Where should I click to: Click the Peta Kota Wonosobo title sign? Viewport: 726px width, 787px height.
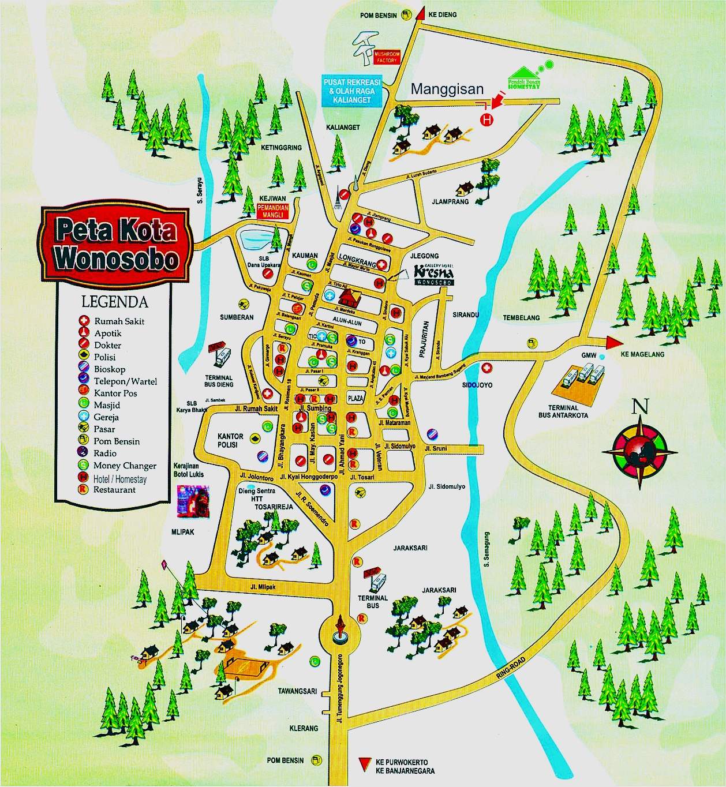point(115,244)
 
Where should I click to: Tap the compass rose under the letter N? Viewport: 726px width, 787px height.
point(639,451)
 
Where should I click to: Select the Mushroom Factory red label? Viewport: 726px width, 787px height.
point(386,57)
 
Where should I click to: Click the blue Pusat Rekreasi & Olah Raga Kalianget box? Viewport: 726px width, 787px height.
point(351,91)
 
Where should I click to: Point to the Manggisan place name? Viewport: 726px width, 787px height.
point(447,89)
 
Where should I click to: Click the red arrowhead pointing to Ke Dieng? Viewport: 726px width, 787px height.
point(419,14)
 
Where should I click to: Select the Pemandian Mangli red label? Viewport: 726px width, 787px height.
point(272,211)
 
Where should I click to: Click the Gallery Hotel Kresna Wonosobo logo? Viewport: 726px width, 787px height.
point(434,274)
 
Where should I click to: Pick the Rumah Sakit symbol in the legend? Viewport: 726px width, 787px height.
point(84,321)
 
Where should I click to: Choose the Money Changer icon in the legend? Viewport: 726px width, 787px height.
point(84,465)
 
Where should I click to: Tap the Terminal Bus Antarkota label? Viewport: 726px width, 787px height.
point(563,411)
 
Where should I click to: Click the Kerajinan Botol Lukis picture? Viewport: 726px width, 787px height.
point(193,500)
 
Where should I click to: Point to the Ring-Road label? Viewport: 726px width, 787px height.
point(511,668)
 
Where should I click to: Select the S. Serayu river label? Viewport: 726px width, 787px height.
point(200,190)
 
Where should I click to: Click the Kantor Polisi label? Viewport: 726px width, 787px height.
point(230,440)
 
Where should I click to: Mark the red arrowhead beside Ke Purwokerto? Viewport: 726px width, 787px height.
point(364,765)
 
